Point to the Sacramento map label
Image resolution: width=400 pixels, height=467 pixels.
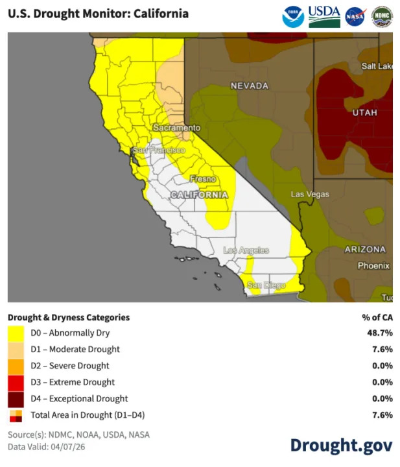tap(176, 128)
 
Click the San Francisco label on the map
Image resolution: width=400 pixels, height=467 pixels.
tap(158, 150)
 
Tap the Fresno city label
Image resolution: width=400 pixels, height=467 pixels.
tap(202, 178)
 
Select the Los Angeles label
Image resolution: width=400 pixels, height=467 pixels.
tap(246, 250)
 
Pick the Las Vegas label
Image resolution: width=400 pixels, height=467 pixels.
tap(309, 195)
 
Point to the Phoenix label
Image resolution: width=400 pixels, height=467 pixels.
tap(373, 265)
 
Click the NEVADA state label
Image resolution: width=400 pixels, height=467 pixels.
tap(250, 86)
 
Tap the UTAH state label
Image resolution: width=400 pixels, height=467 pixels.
tap(364, 113)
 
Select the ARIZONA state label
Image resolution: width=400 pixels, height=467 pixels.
tap(364, 249)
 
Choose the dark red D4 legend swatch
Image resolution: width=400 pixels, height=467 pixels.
tap(16, 398)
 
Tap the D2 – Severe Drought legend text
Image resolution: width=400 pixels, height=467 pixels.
tap(70, 366)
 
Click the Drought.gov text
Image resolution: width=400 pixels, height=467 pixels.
tap(340, 445)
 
